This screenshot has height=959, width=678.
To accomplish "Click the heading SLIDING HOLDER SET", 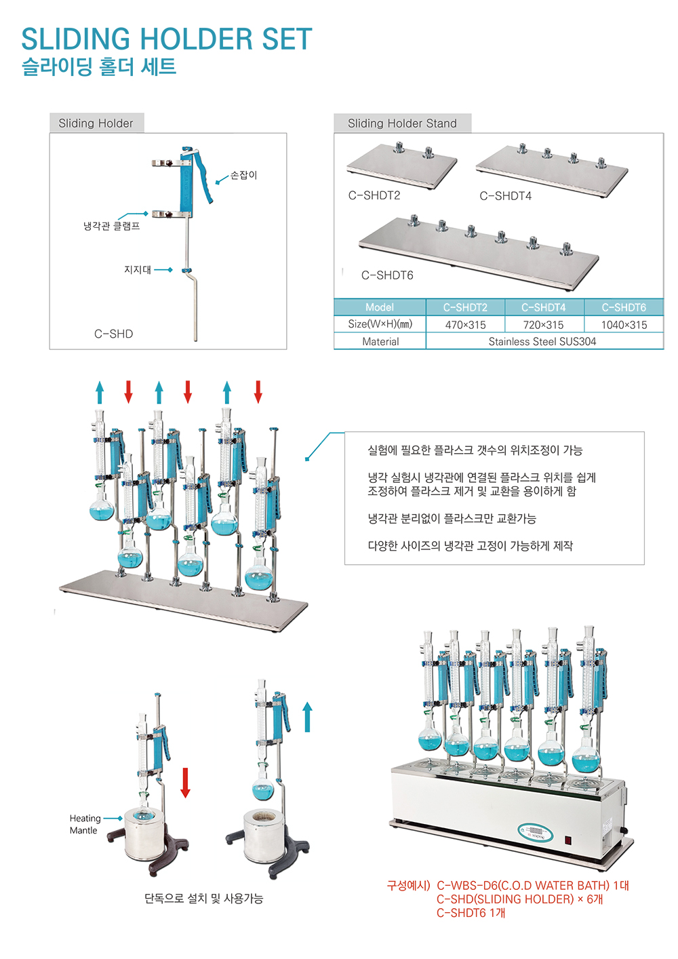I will [x=167, y=39].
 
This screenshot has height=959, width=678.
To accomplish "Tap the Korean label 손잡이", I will [x=243, y=175].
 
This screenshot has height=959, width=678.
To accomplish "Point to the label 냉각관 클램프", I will [x=112, y=226].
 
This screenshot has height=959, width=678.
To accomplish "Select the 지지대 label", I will [x=138, y=270].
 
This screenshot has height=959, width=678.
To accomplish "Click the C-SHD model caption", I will [x=113, y=334].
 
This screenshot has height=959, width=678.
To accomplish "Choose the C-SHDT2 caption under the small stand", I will [x=374, y=195].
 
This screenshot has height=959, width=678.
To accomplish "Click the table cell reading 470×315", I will [x=465, y=325].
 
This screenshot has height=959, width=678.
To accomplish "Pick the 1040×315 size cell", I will [x=624, y=325].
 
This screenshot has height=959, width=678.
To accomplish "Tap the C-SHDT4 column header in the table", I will [x=543, y=307].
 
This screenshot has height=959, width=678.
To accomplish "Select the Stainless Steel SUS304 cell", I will [x=542, y=342].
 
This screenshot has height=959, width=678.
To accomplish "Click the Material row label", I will [x=380, y=342].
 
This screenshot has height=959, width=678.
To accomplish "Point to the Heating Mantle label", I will [x=85, y=824].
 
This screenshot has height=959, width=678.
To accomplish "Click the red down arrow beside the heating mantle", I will [x=185, y=782].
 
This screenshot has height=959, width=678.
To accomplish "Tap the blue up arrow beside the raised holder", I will [x=307, y=716].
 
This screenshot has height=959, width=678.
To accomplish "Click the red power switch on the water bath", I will [x=568, y=840].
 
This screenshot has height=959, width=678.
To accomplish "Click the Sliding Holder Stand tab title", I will [x=402, y=123].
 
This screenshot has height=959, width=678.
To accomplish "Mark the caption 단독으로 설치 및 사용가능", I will [x=203, y=899].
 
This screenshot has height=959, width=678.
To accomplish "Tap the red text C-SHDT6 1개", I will [x=471, y=913].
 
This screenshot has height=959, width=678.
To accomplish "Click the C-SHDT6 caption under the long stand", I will [x=387, y=275].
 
